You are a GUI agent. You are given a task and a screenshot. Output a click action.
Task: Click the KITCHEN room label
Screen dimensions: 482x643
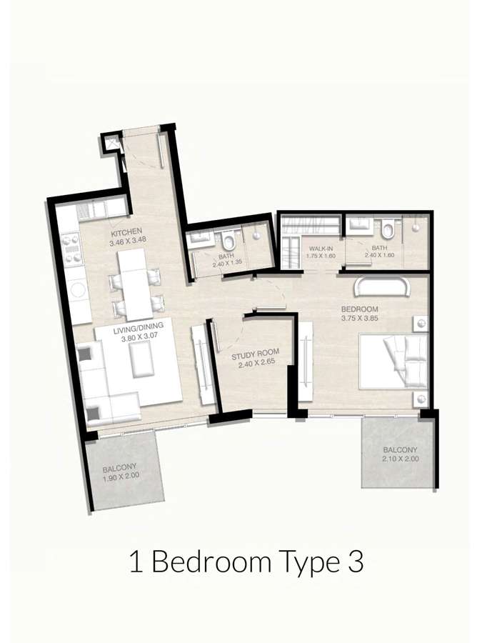click(x=126, y=233)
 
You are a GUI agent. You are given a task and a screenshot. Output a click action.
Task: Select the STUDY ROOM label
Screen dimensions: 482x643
click(x=256, y=353)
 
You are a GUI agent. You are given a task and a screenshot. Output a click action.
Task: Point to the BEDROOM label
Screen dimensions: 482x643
click(x=359, y=309)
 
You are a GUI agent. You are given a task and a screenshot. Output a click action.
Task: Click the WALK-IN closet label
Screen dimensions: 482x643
click(x=321, y=249)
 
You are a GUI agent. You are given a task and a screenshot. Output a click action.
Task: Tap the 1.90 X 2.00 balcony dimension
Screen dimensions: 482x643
click(x=121, y=476)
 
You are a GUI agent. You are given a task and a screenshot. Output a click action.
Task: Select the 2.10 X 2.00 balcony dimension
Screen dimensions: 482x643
click(x=401, y=459)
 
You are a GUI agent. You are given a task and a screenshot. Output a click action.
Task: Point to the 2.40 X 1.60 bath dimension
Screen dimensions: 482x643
click(x=379, y=255)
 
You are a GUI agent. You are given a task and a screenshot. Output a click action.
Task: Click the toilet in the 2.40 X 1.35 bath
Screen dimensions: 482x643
click(x=229, y=241)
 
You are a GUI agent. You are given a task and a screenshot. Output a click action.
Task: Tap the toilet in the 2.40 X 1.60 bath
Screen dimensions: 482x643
click(x=387, y=229)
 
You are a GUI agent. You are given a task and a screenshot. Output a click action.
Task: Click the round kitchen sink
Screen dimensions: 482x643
click(x=77, y=289)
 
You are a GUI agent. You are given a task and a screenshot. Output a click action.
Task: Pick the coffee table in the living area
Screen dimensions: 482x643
click(x=142, y=359)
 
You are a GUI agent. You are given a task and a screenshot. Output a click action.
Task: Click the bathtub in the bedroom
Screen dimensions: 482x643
click(x=382, y=286)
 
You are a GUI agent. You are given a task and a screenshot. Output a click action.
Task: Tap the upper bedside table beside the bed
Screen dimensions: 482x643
click(x=420, y=324)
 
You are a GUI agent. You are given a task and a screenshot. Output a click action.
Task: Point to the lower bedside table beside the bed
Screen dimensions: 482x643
click(x=420, y=398)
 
